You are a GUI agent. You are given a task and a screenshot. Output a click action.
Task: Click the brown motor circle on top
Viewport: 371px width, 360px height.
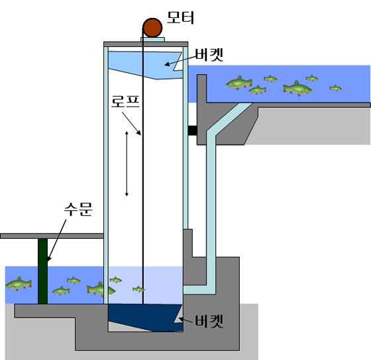[152, 28]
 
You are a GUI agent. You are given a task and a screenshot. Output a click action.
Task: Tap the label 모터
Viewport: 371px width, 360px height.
[180, 17]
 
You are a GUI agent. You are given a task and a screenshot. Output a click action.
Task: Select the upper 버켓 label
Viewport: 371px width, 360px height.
[209, 55]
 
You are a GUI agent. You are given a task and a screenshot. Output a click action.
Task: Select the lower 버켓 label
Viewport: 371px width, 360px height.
[209, 321]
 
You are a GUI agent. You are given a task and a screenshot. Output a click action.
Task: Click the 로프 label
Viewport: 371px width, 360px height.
[125, 101]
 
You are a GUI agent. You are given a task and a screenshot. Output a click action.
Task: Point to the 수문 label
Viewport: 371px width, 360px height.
[78, 209]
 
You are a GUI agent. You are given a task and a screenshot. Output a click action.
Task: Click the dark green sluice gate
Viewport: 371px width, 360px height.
[42, 271]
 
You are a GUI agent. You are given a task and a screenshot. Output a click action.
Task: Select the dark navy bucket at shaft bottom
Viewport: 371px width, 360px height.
[146, 318]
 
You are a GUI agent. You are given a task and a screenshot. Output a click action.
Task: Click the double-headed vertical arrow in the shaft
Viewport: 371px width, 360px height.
[127, 163]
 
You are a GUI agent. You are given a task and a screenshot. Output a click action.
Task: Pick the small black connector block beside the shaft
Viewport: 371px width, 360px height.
[192, 130]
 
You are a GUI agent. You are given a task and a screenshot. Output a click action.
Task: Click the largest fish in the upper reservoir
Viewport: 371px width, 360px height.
[297, 89]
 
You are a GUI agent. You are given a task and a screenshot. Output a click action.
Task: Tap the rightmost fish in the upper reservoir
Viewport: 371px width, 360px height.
[335, 88]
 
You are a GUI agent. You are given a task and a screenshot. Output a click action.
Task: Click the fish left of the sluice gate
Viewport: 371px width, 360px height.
[19, 284]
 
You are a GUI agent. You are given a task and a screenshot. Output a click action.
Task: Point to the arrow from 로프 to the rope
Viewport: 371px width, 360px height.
[132, 123]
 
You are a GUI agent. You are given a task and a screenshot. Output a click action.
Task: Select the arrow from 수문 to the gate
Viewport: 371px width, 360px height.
[56, 240]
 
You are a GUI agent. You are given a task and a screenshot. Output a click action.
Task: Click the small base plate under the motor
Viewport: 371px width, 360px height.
[152, 39]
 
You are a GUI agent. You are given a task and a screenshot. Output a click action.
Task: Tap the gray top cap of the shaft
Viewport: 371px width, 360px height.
[146, 44]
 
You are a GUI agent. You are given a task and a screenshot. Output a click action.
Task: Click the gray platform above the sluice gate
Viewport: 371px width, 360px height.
[52, 236]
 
